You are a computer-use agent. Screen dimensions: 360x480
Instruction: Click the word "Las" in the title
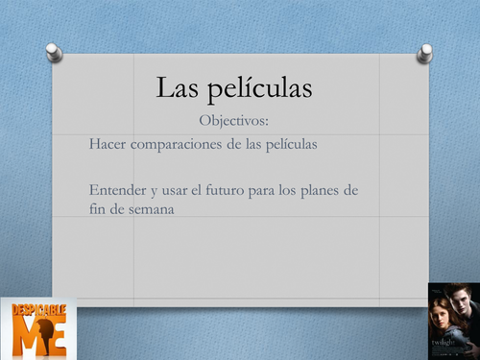coord(178,89)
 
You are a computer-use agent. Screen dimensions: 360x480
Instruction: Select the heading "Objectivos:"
coord(236,120)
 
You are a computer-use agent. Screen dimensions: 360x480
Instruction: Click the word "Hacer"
coord(106,144)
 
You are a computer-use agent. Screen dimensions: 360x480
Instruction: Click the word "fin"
coord(95,209)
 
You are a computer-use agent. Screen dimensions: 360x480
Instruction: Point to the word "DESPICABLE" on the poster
coord(38,310)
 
